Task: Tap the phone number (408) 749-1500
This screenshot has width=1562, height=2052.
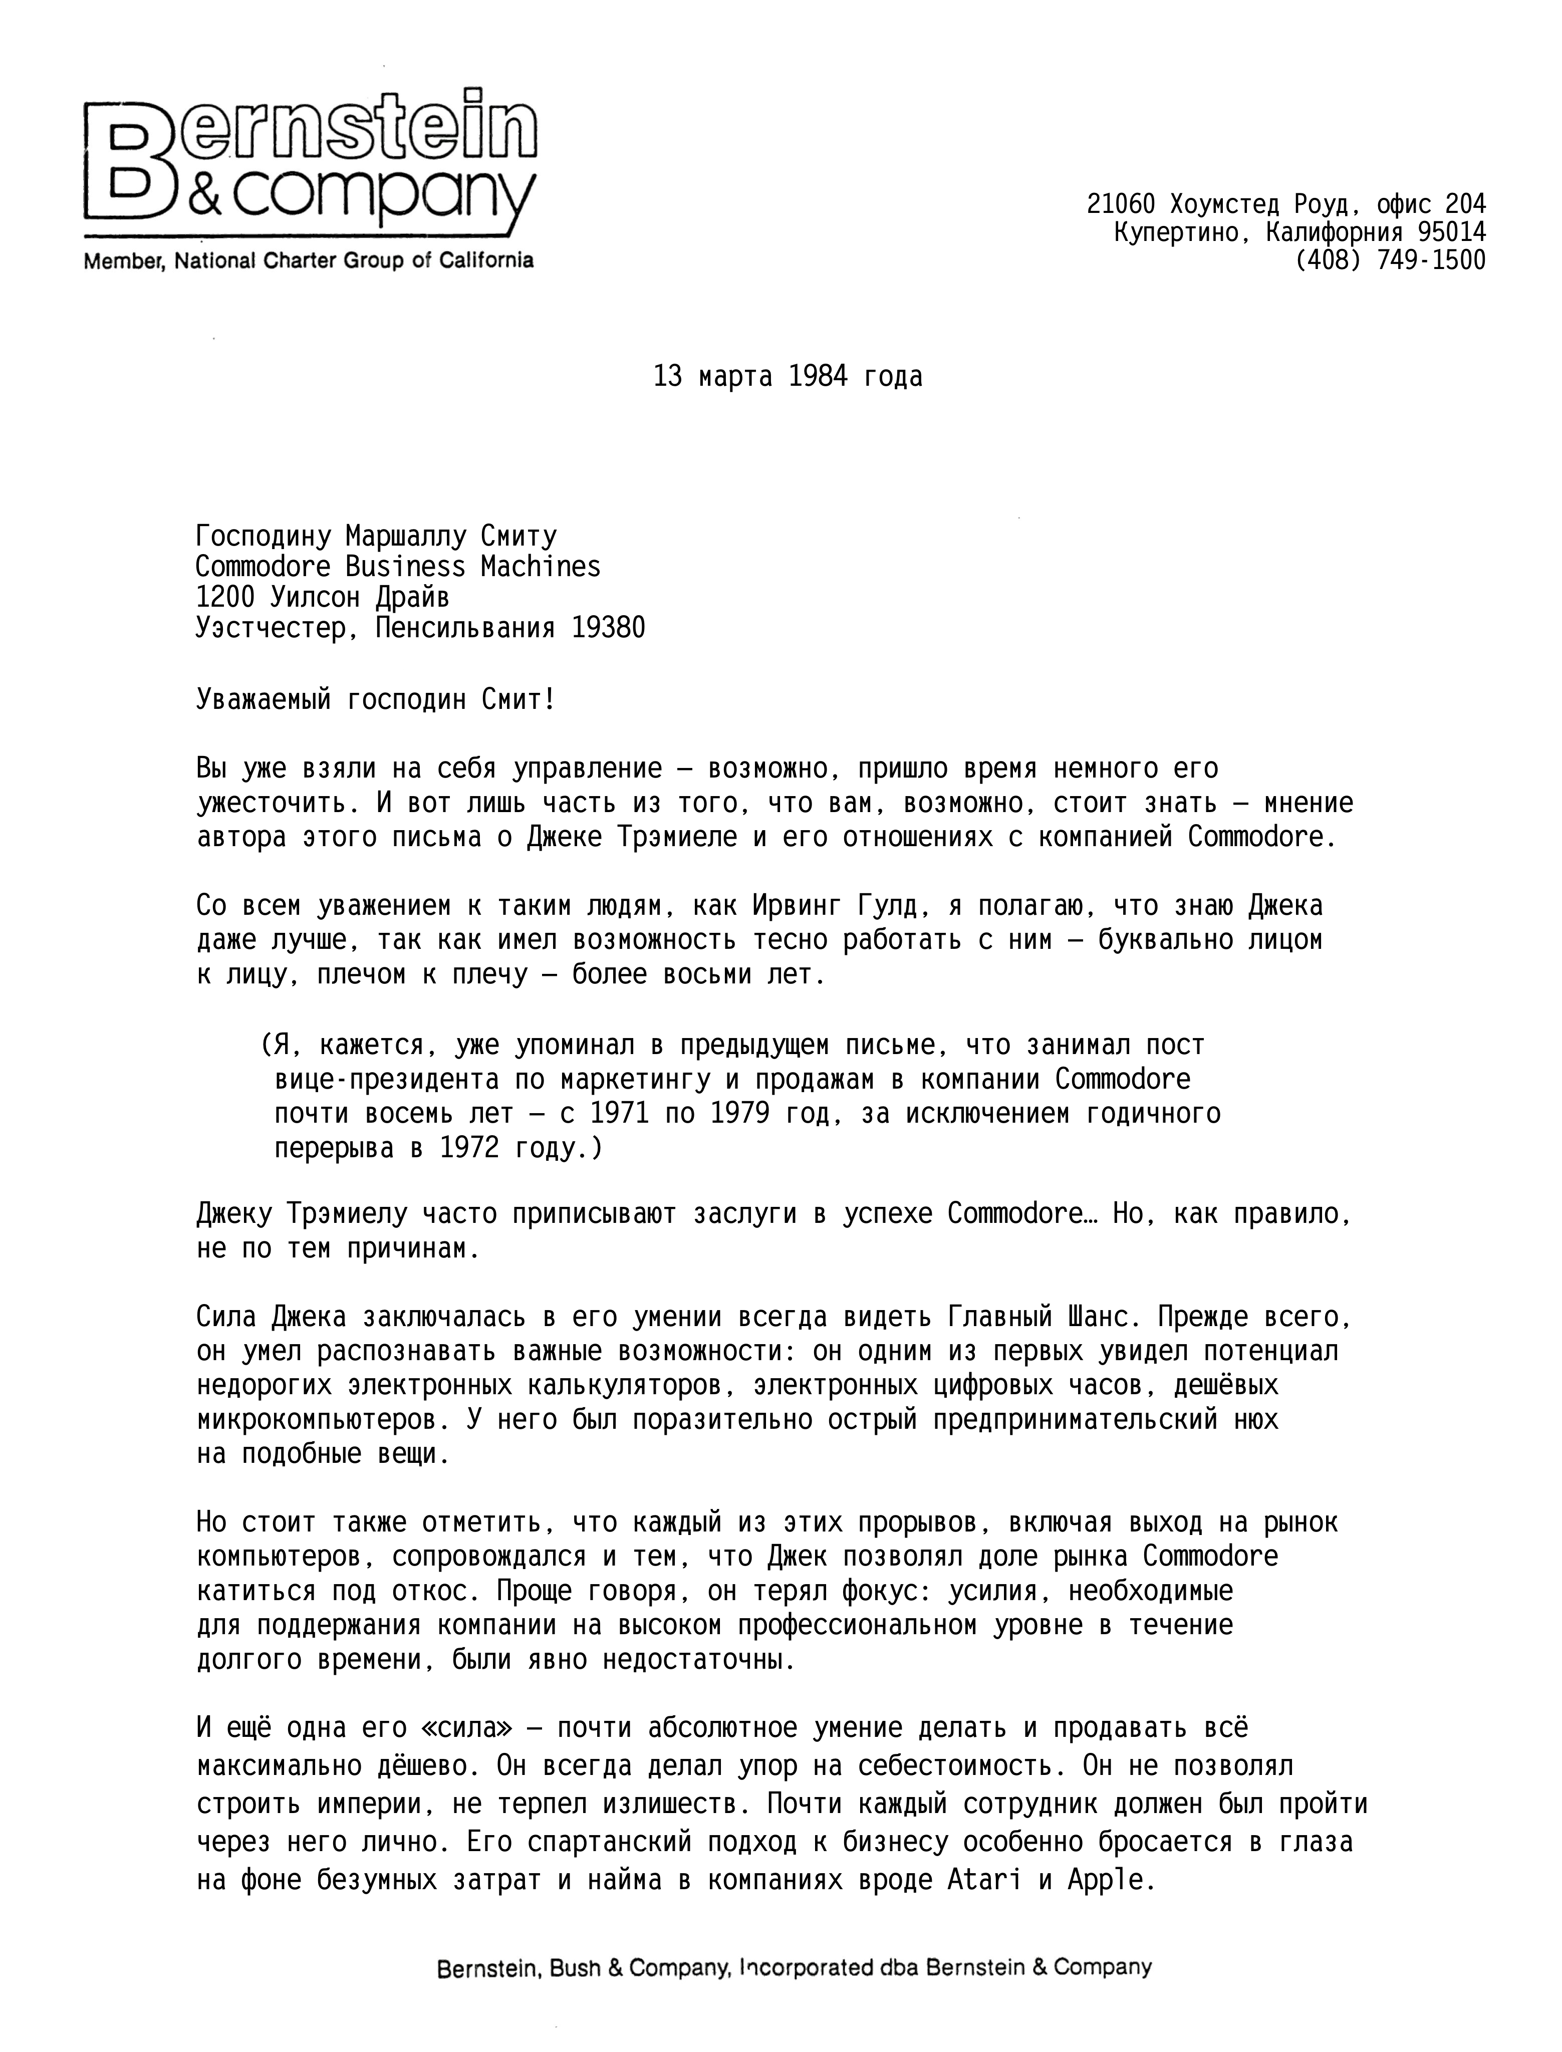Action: tap(1390, 261)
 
